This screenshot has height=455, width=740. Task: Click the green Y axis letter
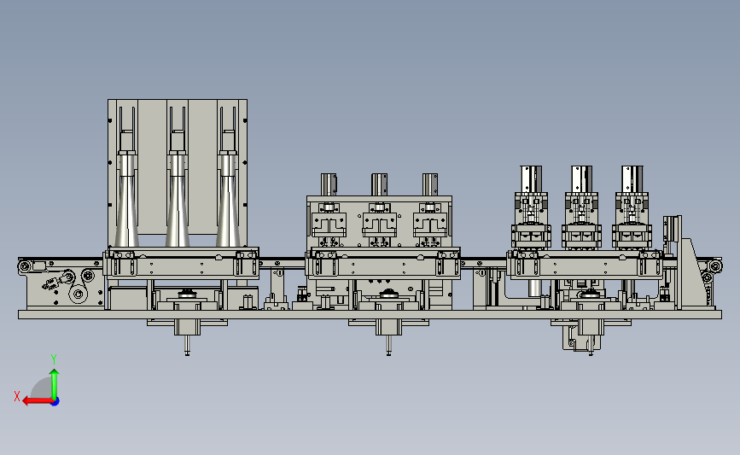(x=54, y=359)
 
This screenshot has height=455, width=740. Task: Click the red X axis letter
(x=17, y=396)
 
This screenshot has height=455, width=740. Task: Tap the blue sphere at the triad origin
(x=55, y=401)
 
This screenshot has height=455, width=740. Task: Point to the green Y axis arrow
(x=55, y=384)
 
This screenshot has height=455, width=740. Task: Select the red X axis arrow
(x=38, y=401)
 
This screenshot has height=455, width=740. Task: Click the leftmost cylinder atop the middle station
(x=329, y=184)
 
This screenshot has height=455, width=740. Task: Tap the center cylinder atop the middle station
(x=379, y=184)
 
